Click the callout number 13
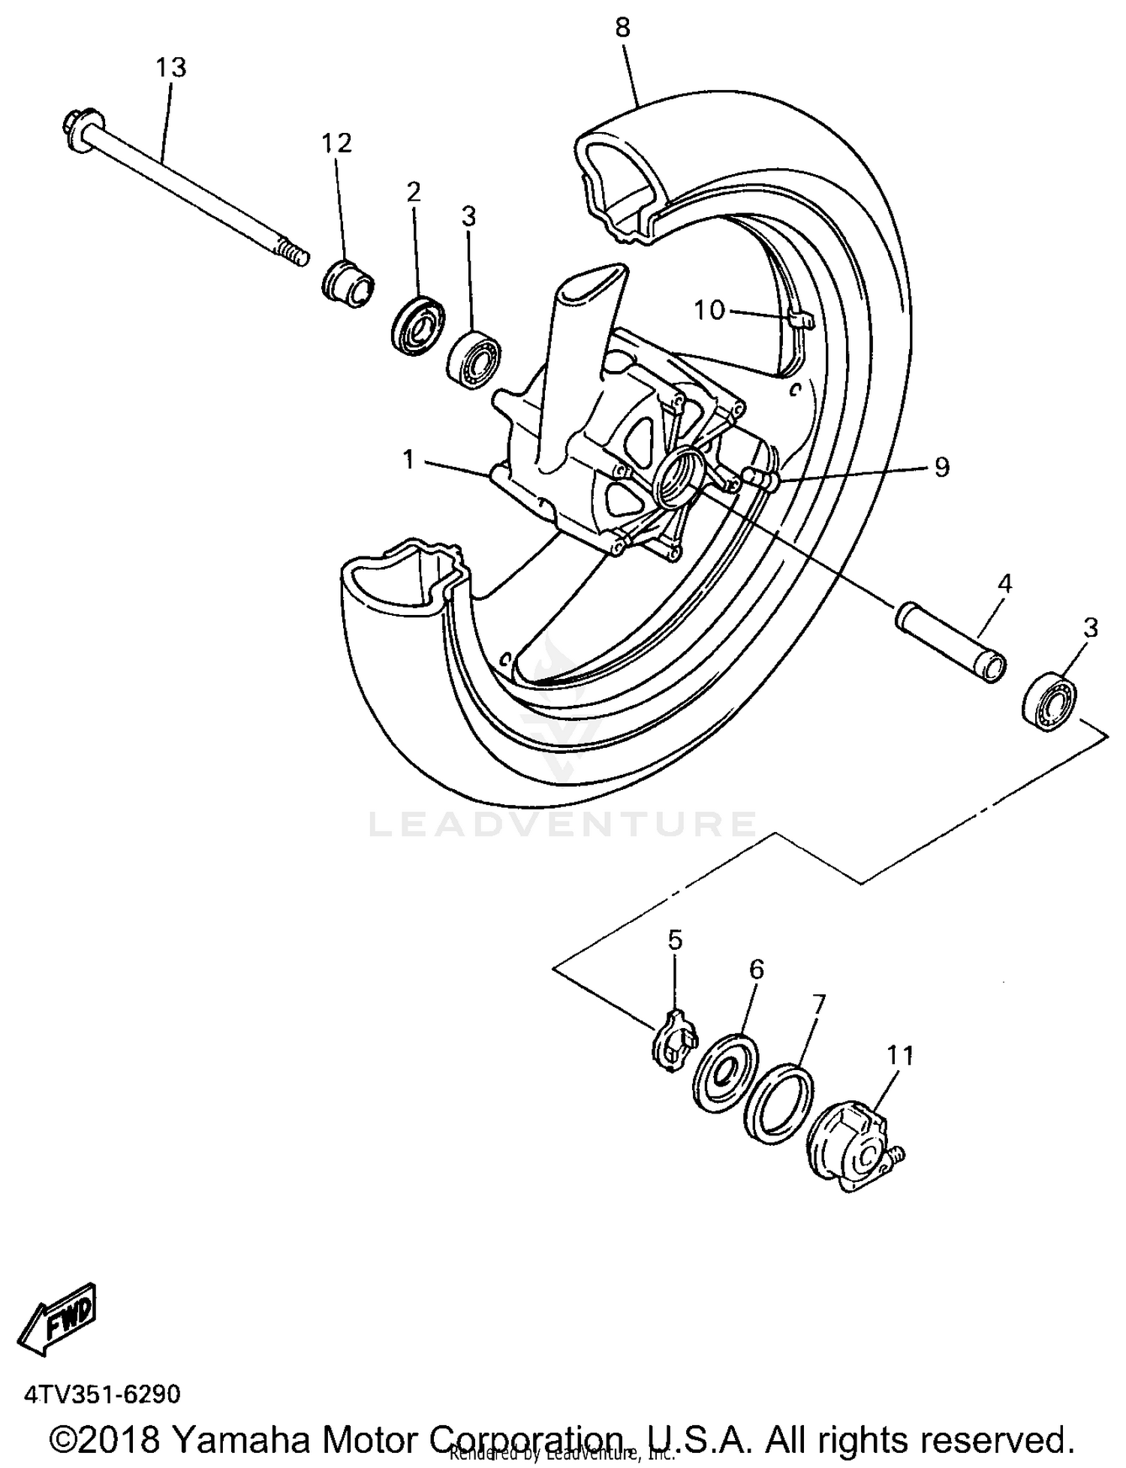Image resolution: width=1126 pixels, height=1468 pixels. [x=170, y=68]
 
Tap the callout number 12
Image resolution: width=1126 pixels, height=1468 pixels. [x=337, y=143]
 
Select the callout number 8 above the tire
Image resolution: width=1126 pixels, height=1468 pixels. [x=622, y=29]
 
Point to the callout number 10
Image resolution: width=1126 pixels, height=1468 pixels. [x=709, y=309]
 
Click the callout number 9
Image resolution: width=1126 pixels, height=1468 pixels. [x=941, y=467]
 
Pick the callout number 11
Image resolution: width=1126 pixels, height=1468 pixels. [x=900, y=1055]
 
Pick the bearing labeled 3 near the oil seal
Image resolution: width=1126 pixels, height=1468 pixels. [x=474, y=359]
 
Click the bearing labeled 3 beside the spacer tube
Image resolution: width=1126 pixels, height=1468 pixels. [x=1049, y=701]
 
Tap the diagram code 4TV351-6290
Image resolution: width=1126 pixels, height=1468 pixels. [x=103, y=1394]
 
